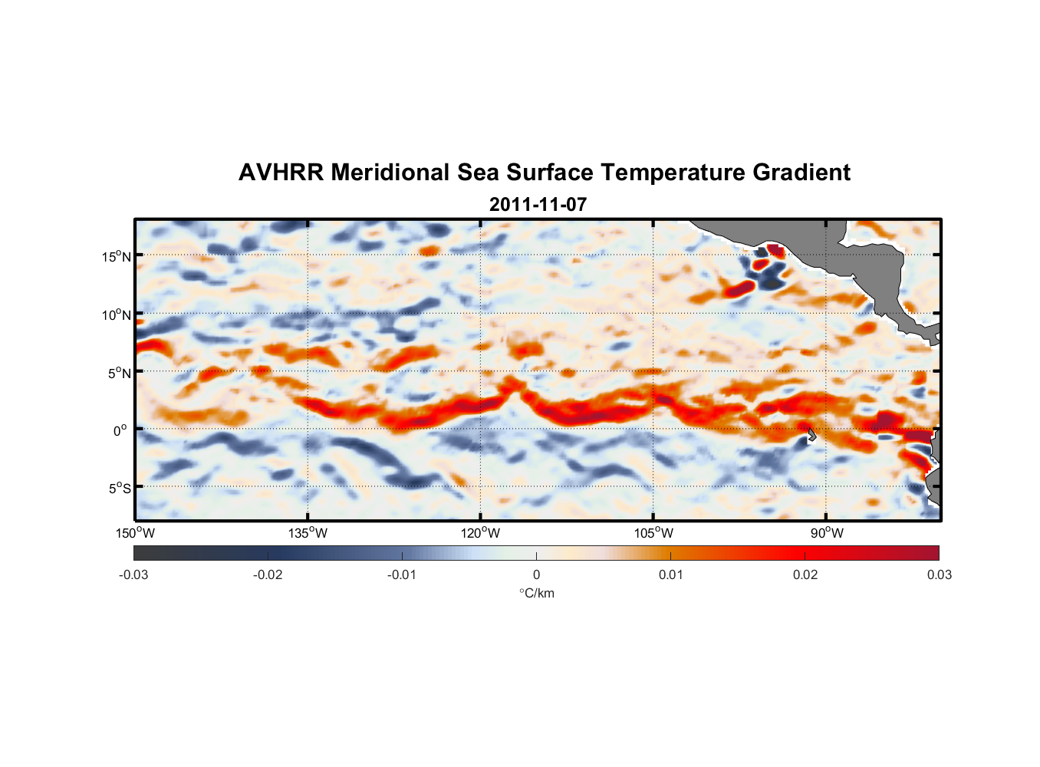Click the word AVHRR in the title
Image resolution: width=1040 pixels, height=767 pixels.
pyautogui.click(x=281, y=173)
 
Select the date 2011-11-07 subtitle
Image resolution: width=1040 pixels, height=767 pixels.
pyautogui.click(x=538, y=205)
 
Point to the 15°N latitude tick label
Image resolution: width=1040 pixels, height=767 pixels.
pyautogui.click(x=116, y=256)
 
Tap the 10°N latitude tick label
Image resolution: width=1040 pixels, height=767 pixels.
pyautogui.click(x=116, y=314)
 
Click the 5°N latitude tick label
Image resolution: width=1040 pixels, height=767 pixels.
pyautogui.click(x=119, y=373)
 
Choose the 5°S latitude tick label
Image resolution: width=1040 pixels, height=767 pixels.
pyautogui.click(x=119, y=489)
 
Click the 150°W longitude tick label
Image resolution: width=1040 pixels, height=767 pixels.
pyautogui.click(x=135, y=533)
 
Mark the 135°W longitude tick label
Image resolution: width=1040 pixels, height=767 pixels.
pyautogui.click(x=308, y=533)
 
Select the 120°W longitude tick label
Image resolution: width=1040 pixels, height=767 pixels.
pyautogui.click(x=480, y=533)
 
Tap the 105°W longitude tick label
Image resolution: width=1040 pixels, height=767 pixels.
pyautogui.click(x=653, y=533)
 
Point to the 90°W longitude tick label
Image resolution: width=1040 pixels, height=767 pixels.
pyautogui.click(x=826, y=533)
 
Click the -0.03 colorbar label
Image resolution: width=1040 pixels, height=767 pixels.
pyautogui.click(x=133, y=574)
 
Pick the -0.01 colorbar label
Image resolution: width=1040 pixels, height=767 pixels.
pyautogui.click(x=402, y=574)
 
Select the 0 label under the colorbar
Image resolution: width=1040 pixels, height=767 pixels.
pyautogui.click(x=536, y=574)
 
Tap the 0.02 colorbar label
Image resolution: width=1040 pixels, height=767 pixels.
pyautogui.click(x=805, y=574)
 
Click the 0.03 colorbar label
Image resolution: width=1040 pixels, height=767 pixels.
pyautogui.click(x=939, y=574)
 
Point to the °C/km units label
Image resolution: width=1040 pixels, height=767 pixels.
pyautogui.click(x=536, y=593)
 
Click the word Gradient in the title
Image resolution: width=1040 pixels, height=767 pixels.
pyautogui.click(x=801, y=173)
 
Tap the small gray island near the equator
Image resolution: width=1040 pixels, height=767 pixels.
pyautogui.click(x=811, y=435)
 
